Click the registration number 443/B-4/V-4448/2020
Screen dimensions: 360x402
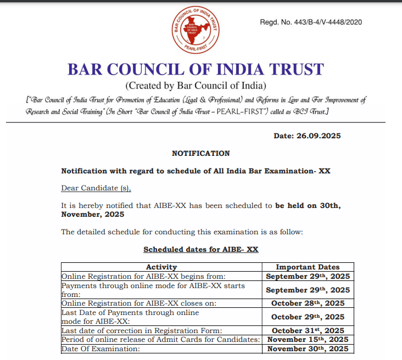tap(311, 22)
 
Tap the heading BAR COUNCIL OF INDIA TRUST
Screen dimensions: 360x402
tap(196, 70)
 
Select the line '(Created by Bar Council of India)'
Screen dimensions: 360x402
tap(196, 86)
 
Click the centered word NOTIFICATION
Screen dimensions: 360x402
tap(201, 153)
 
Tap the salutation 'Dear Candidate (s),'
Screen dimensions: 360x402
tap(96, 188)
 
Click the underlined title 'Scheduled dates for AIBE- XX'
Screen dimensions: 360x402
tap(201, 249)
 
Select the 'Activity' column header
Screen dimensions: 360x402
tap(161, 267)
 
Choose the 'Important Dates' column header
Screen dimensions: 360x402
tap(308, 267)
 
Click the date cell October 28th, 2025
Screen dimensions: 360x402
tap(308, 303)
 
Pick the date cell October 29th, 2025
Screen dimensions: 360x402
tap(308, 317)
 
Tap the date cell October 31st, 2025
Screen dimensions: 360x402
tap(308, 330)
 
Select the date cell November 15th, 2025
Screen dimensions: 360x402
tap(308, 340)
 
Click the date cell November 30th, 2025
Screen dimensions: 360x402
tap(308, 348)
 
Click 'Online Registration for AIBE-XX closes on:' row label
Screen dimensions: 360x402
tap(139, 303)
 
